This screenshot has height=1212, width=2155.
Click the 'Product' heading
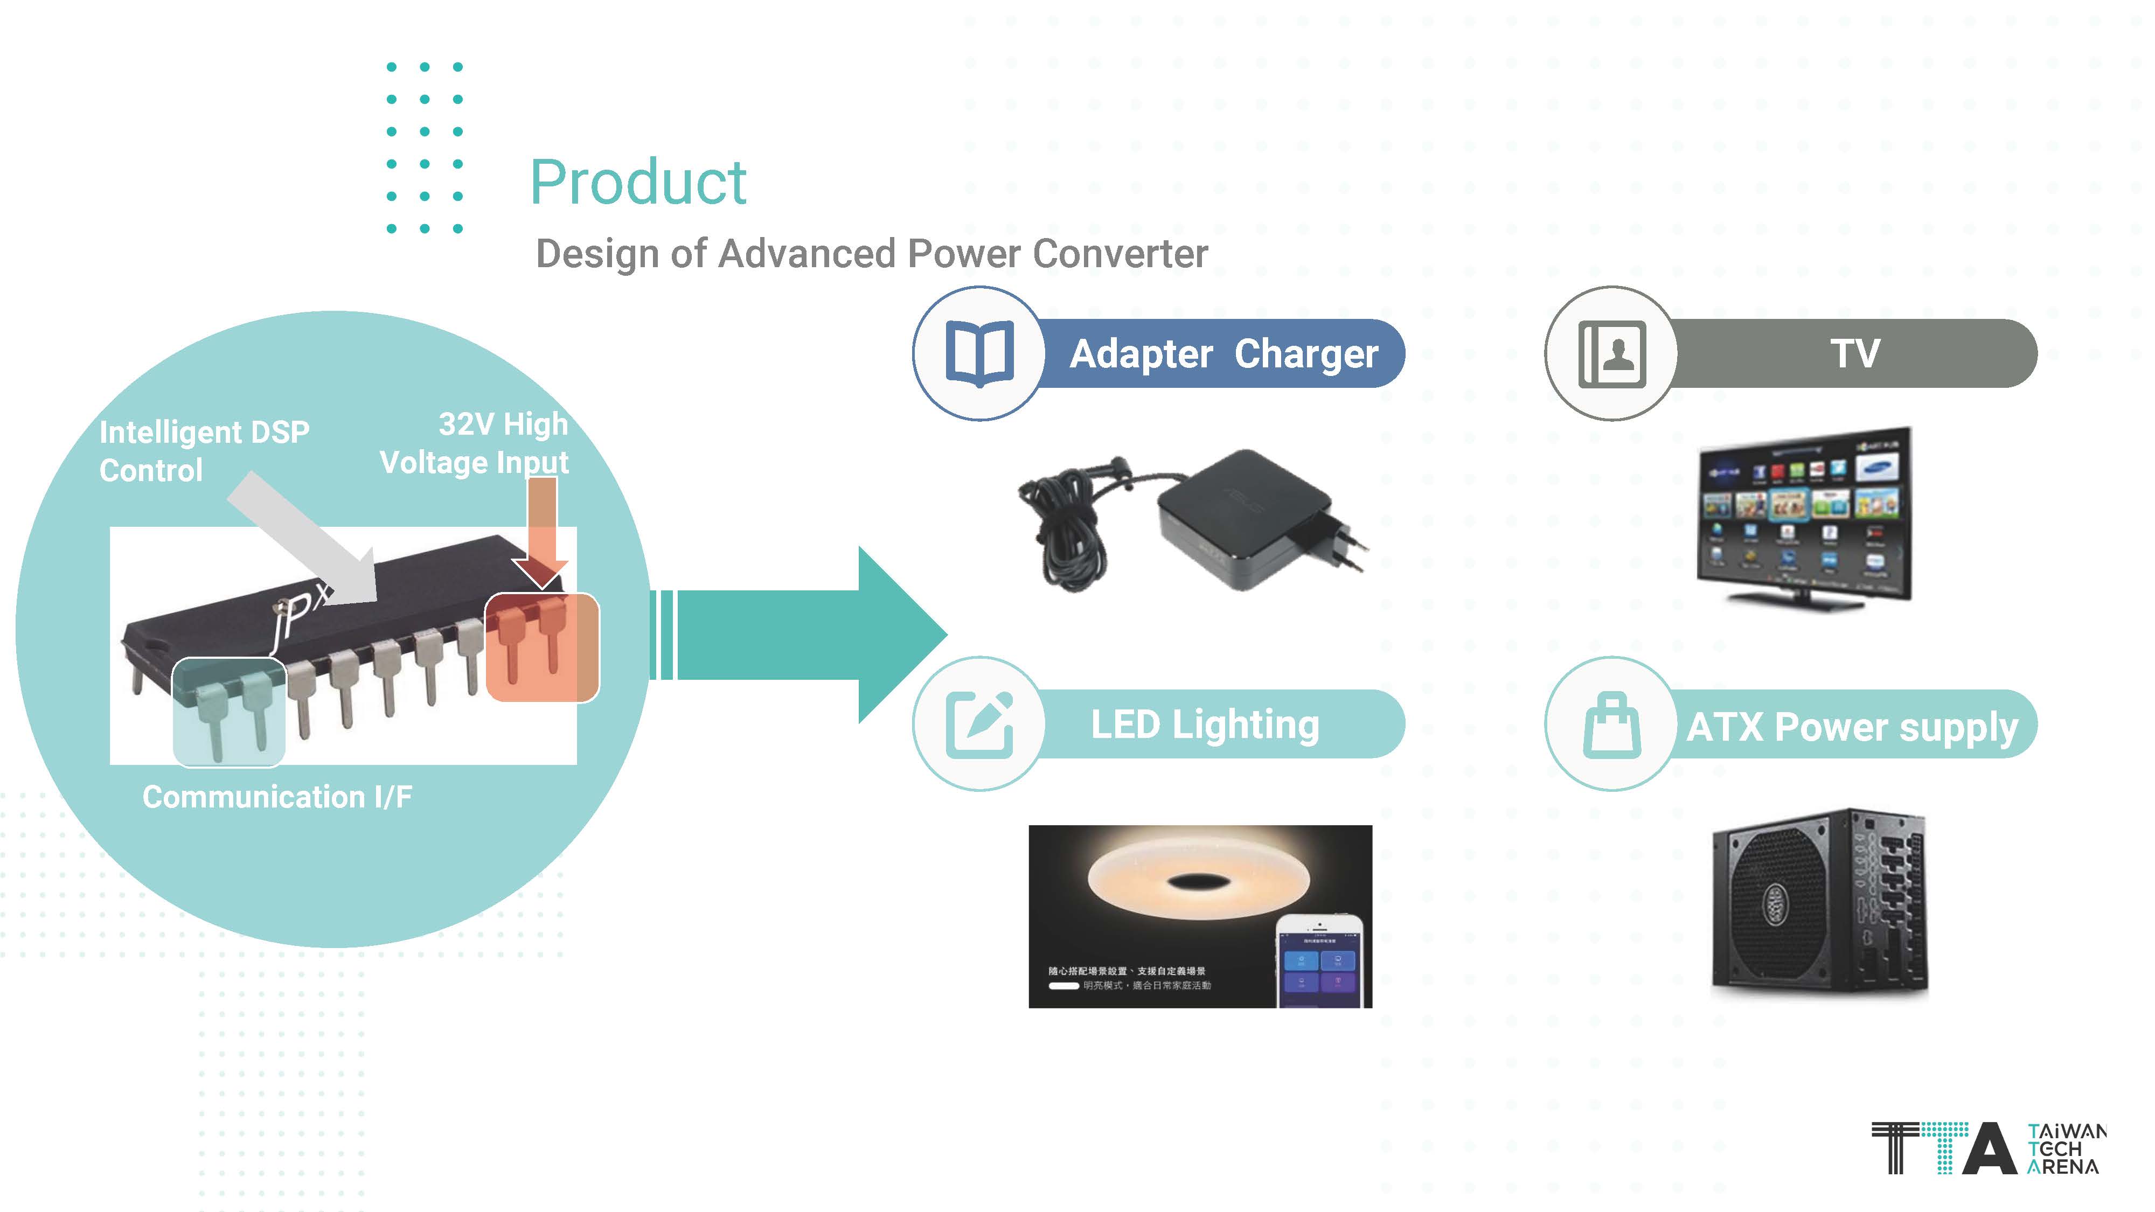(x=637, y=183)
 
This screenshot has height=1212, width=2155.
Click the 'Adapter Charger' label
(x=1223, y=354)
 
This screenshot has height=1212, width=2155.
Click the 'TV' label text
(x=1855, y=354)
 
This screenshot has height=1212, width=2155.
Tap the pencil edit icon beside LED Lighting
(x=979, y=725)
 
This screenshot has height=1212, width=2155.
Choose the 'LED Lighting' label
(x=1205, y=725)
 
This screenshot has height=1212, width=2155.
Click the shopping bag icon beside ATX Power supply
(x=1611, y=725)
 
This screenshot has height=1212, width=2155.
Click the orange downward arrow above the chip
(x=541, y=531)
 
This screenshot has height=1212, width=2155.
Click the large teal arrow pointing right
(x=803, y=635)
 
